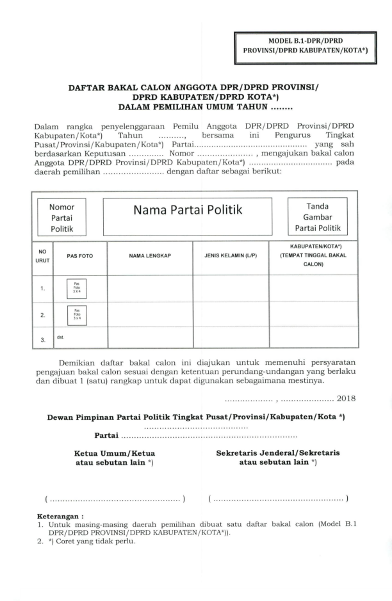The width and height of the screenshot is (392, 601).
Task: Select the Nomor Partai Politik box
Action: click(x=63, y=218)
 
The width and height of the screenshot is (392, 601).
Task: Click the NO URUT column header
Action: click(x=42, y=256)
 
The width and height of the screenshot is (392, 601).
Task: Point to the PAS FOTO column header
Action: click(x=80, y=256)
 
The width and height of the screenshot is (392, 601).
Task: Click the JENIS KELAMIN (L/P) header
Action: click(x=231, y=256)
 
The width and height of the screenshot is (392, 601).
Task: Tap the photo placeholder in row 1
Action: click(x=77, y=288)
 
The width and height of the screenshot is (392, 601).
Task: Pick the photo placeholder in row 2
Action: click(x=77, y=315)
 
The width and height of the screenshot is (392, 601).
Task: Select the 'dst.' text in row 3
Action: click(x=61, y=334)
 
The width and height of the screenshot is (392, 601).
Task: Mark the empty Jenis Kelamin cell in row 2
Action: click(x=231, y=315)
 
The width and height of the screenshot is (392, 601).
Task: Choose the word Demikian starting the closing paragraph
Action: click(x=79, y=363)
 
